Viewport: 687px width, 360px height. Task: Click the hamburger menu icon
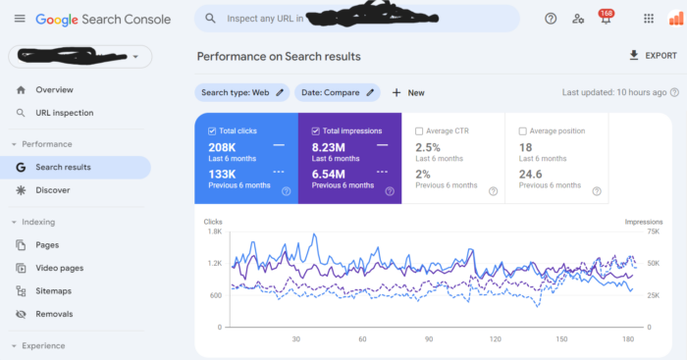point(20,19)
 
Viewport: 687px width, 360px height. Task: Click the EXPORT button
point(653,56)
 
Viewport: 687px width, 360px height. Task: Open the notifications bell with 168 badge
point(605,19)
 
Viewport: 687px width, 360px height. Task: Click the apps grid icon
point(648,19)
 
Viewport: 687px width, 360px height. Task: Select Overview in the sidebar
point(54,89)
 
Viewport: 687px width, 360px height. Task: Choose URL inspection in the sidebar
point(64,113)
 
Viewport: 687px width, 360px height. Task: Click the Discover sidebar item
point(53,190)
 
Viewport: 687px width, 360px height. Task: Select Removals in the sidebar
point(54,314)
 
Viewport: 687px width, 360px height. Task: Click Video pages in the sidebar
point(59,268)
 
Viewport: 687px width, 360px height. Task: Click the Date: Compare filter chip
point(337,92)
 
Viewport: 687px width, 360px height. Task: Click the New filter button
point(408,92)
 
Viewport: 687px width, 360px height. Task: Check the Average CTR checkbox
point(420,130)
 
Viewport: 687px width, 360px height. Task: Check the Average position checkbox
point(521,130)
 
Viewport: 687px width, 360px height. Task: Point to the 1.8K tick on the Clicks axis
point(213,231)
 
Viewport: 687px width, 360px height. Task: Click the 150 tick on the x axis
point(561,339)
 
